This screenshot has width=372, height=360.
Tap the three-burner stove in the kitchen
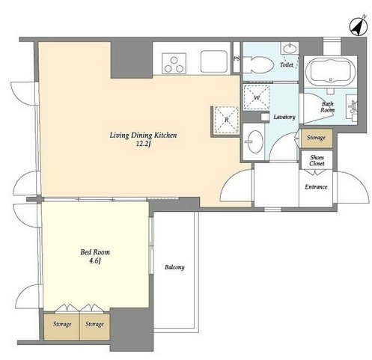(x=174, y=64)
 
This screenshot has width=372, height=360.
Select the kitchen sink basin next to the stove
(x=214, y=61)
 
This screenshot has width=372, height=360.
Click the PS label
(x=237, y=59)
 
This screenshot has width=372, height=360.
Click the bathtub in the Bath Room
(x=331, y=72)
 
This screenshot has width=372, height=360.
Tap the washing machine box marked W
(x=257, y=97)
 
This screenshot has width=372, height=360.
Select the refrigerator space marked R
(x=226, y=120)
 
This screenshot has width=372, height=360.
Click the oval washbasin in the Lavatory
(x=254, y=141)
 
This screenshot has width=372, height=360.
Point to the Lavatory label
(x=284, y=117)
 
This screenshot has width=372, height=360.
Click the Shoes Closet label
(x=317, y=160)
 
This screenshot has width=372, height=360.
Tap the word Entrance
(x=316, y=186)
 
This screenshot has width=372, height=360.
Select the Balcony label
(x=174, y=267)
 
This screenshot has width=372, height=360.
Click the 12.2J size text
(x=143, y=144)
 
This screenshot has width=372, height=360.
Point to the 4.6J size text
(x=95, y=261)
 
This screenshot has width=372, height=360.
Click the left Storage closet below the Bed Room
(x=61, y=326)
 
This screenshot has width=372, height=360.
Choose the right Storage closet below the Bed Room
(x=94, y=326)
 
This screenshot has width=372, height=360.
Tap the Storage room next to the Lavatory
(x=317, y=138)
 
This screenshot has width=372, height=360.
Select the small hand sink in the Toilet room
(x=290, y=48)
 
